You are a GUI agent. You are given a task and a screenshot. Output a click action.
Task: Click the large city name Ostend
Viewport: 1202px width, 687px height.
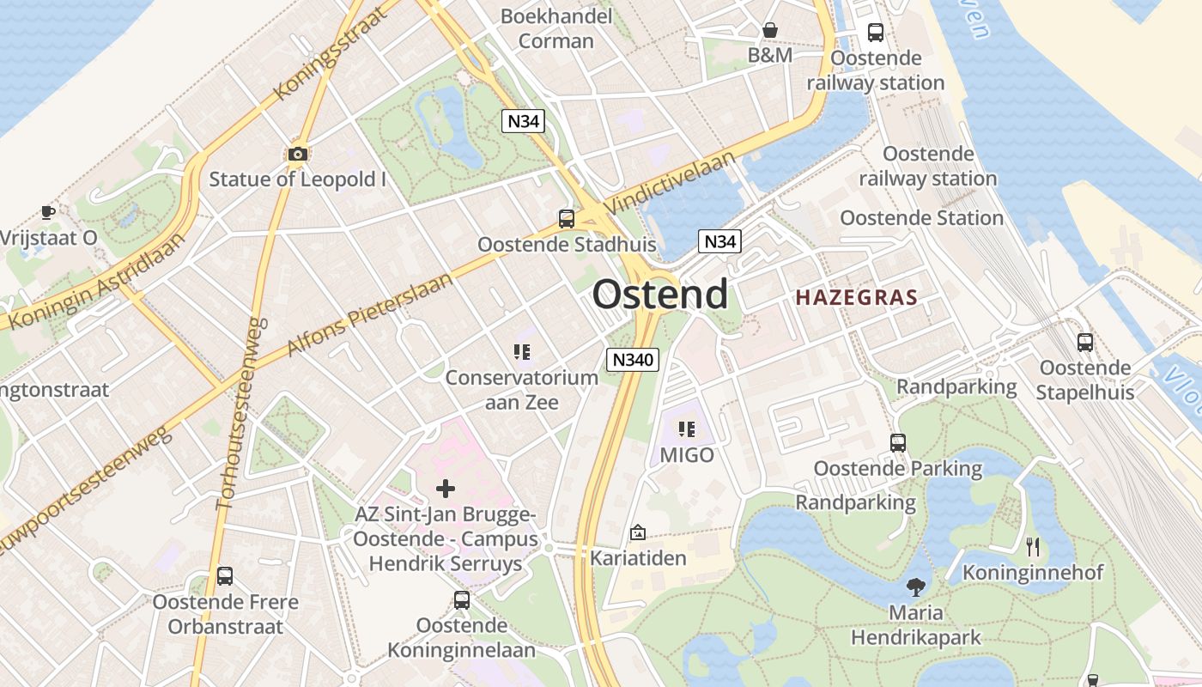[659, 295]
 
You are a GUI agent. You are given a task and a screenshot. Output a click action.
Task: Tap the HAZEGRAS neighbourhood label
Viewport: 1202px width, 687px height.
[856, 298]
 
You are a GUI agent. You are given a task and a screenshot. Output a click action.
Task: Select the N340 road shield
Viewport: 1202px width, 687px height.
[632, 360]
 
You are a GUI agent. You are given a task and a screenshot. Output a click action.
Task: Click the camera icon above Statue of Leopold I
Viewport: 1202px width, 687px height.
[298, 154]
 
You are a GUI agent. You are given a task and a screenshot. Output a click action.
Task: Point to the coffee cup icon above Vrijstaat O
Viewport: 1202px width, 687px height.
[48, 211]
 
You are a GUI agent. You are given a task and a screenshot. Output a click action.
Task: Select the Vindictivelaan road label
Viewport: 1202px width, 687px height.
[671, 184]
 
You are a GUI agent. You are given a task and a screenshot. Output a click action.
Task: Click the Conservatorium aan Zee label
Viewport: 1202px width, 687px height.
[521, 389]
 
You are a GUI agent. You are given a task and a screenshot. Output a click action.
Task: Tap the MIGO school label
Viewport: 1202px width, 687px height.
[687, 454]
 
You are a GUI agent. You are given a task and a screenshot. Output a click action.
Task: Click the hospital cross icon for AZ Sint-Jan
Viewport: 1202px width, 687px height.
[446, 489]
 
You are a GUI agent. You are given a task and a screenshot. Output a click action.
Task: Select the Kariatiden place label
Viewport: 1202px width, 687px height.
[638, 557]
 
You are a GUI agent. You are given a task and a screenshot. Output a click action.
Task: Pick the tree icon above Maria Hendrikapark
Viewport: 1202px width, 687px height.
[916, 587]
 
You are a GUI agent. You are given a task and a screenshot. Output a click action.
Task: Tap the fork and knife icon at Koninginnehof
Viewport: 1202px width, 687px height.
[1033, 546]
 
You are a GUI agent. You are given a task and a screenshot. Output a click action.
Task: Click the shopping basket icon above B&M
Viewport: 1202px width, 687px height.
[770, 30]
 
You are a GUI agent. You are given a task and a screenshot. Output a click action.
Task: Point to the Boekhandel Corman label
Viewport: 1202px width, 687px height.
[556, 28]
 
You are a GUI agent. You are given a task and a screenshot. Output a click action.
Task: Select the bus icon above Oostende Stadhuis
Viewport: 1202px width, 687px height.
[567, 218]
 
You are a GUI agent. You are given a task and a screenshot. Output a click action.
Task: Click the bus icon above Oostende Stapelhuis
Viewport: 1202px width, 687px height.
[1085, 342]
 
